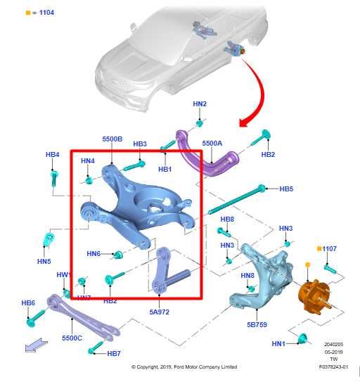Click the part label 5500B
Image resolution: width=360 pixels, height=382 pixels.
click(x=112, y=139)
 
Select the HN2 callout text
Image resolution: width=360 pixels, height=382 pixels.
click(x=200, y=104)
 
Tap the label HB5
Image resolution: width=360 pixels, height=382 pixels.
click(x=286, y=189)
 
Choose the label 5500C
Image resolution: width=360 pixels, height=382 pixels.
click(x=72, y=338)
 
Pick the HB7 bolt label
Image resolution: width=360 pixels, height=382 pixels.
click(x=114, y=353)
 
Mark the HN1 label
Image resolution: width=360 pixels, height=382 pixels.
click(x=278, y=343)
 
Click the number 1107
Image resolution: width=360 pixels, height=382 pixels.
click(x=330, y=249)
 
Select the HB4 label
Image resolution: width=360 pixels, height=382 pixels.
click(x=52, y=154)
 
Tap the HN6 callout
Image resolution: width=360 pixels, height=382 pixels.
click(x=94, y=254)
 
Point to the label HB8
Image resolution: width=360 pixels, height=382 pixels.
click(x=227, y=219)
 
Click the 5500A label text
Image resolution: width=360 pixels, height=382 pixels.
click(x=212, y=144)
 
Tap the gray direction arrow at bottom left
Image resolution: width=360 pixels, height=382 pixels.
click(x=36, y=344)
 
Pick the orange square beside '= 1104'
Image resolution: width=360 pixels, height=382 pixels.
click(x=27, y=13)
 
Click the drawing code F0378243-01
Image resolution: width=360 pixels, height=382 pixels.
click(x=333, y=367)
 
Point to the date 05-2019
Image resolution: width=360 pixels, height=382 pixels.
click(x=333, y=352)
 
